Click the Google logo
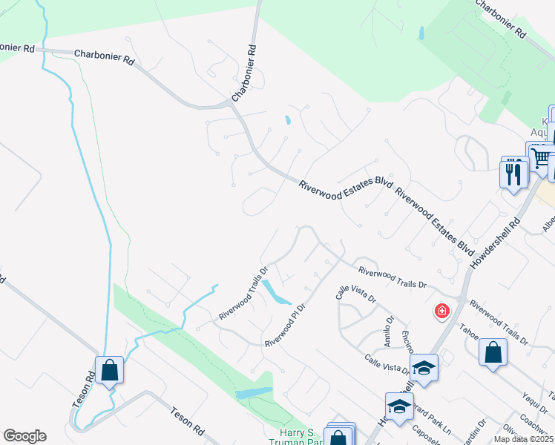pos(24,436)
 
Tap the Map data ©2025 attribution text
pos(524,439)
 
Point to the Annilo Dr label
pos(387,326)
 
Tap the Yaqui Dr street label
pos(529,401)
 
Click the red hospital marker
pos(442,310)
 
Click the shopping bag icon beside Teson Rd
pos(109,369)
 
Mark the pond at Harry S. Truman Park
pos(254,392)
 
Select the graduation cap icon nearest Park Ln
pos(399,406)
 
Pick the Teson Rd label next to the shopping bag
pos(83,389)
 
